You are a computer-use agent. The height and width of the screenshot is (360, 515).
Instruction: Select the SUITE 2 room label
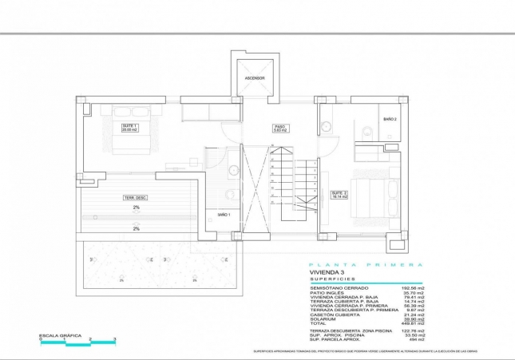coord(339,193)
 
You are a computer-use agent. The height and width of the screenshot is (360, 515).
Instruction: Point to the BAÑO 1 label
coord(223,214)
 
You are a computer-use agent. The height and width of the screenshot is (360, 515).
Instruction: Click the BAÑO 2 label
coord(390,118)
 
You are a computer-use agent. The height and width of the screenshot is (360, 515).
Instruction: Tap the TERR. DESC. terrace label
coord(135,197)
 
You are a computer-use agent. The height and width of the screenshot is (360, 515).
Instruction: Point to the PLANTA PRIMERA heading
coord(365,264)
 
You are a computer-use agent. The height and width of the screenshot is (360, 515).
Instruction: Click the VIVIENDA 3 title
coord(327,273)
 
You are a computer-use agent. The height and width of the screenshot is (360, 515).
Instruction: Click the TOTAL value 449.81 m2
coord(412,323)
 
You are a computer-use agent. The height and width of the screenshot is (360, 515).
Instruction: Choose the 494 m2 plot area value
coord(416,339)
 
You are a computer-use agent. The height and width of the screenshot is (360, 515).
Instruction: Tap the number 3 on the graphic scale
coord(115,340)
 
